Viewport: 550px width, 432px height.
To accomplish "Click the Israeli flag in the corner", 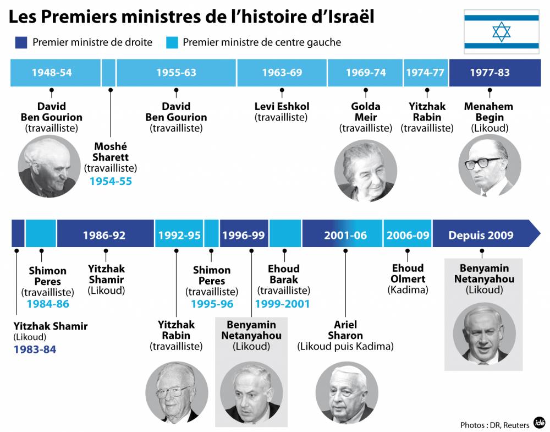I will click(x=501, y=32).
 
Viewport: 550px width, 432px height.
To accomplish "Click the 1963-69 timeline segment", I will click(x=282, y=73).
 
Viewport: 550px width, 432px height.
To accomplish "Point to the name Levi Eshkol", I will click(x=282, y=107).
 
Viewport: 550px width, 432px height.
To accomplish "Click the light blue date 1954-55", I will click(x=111, y=181).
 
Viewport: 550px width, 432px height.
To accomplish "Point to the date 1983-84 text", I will click(x=35, y=349).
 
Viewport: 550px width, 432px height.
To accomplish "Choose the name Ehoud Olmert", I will click(x=408, y=274).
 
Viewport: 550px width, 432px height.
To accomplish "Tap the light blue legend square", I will click(x=171, y=42).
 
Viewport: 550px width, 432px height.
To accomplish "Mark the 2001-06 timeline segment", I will click(x=345, y=236).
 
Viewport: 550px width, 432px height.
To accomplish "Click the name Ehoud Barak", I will click(x=284, y=274).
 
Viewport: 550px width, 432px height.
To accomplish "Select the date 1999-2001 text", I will click(x=282, y=304).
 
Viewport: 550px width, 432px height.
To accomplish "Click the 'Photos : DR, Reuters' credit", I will click(x=495, y=424).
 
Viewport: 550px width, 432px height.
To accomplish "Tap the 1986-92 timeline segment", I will click(x=105, y=236).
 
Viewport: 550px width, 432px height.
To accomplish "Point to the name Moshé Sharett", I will click(x=111, y=152).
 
